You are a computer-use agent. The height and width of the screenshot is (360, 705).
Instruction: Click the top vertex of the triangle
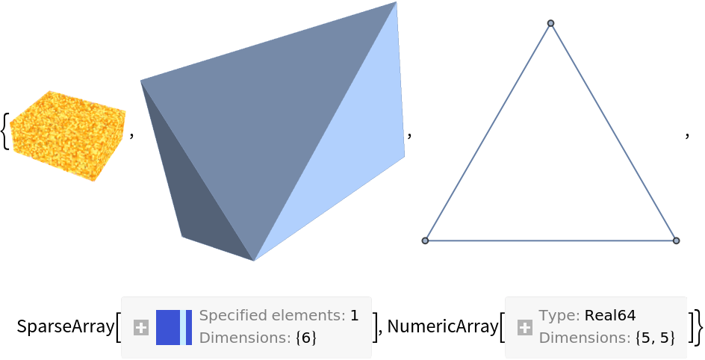pos(551,23)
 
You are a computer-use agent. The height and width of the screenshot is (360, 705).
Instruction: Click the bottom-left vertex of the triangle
pos(426,240)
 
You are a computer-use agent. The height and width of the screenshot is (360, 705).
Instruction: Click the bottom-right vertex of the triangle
pos(676,240)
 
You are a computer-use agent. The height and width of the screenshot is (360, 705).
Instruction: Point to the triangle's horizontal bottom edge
pos(551,240)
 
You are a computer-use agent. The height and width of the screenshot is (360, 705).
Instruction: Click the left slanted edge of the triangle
pos(488,132)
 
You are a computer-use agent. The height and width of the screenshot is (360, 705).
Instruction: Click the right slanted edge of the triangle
pos(614,132)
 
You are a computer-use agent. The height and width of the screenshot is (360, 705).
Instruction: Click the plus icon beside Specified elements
pos(141,327)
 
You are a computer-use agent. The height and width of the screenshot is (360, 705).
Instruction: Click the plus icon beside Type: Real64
pos(525,327)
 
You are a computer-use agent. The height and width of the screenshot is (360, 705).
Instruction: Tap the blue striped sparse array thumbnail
pos(174,327)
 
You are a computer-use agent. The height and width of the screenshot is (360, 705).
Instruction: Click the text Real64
pos(610,316)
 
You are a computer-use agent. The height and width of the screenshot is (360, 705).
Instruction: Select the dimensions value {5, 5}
pos(655,338)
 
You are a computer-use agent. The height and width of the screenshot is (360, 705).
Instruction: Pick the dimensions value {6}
pos(306,338)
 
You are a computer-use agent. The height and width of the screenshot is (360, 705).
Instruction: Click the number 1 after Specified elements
pos(355,316)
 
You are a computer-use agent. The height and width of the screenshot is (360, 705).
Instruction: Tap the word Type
pos(557,316)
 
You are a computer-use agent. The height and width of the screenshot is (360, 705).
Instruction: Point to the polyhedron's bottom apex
pos(254,260)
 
